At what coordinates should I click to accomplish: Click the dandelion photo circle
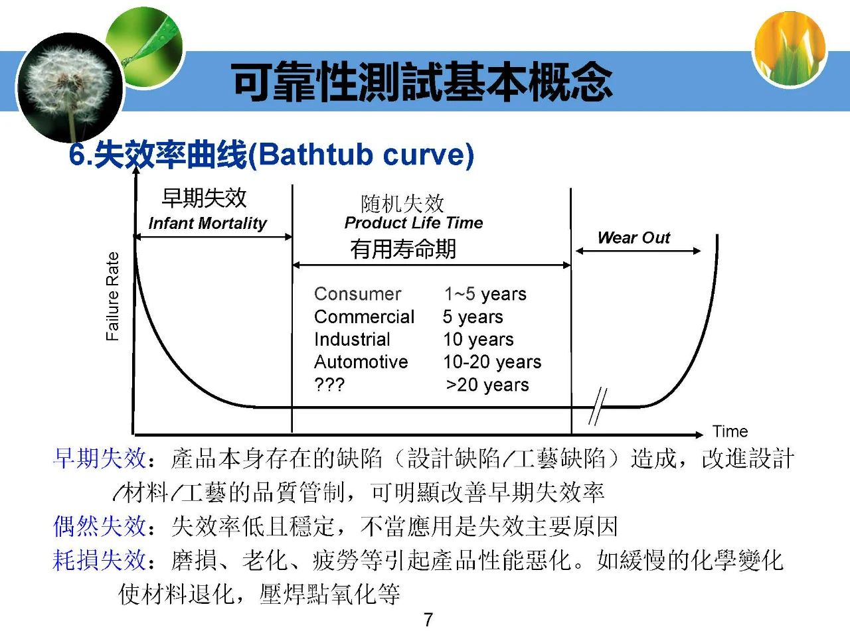[x=70, y=88]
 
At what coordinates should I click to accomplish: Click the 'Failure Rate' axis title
[x=112, y=296]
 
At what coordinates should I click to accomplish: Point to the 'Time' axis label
[x=730, y=431]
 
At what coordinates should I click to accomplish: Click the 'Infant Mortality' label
[x=208, y=223]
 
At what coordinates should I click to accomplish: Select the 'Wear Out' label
[x=634, y=238]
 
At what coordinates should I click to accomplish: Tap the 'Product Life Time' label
[x=414, y=223]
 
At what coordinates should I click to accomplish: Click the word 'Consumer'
[x=357, y=294]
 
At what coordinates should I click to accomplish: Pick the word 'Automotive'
[x=361, y=362]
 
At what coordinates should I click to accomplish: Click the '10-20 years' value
[x=492, y=362]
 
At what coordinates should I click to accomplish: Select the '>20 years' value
[x=487, y=385]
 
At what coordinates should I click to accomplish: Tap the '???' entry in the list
[x=329, y=385]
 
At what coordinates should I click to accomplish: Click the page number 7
[x=428, y=620]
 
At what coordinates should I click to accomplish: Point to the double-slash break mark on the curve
[x=598, y=406]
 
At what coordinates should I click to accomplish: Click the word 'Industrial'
[x=352, y=340]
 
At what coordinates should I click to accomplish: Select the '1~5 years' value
[x=485, y=295]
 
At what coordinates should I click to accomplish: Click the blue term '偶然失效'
[x=99, y=526]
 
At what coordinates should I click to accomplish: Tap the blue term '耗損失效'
[x=99, y=560]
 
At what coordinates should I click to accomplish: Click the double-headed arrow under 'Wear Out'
[x=637, y=251]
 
